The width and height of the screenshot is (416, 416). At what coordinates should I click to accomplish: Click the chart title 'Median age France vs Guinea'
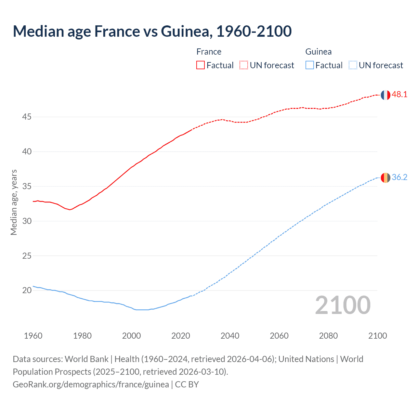pyautogui.click(x=152, y=31)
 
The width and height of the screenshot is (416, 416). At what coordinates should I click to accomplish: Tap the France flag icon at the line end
pyautogui.click(x=385, y=95)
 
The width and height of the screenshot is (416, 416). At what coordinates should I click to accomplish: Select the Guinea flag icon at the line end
pyautogui.click(x=385, y=178)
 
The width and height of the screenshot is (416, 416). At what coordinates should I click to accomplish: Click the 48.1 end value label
pyautogui.click(x=399, y=95)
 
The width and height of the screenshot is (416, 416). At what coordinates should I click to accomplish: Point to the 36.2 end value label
pyautogui.click(x=399, y=177)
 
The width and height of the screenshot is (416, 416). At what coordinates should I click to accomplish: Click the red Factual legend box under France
pyautogui.click(x=201, y=65)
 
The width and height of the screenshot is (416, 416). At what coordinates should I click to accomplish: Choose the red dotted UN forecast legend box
pyautogui.click(x=244, y=65)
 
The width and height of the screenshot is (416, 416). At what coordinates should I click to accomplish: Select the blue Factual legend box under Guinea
pyautogui.click(x=310, y=65)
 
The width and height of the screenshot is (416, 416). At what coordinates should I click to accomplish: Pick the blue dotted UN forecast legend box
pyautogui.click(x=353, y=65)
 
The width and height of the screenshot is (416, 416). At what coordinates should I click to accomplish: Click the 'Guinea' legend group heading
pyautogui.click(x=318, y=52)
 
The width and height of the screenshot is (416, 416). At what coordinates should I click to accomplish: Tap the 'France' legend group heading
pyautogui.click(x=209, y=52)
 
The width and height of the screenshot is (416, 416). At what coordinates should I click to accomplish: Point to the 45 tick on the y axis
pyautogui.click(x=27, y=117)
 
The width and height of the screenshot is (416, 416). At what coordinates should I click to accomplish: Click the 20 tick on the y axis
pyautogui.click(x=27, y=290)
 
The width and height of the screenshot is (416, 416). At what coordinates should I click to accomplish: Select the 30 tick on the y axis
pyautogui.click(x=27, y=221)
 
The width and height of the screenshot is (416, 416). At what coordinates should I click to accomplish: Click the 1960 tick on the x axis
pyautogui.click(x=33, y=336)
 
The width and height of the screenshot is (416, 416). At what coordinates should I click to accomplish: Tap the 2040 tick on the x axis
pyautogui.click(x=230, y=336)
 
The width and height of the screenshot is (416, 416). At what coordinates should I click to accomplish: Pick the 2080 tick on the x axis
pyautogui.click(x=328, y=336)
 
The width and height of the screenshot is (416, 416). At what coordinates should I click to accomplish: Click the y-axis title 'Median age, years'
pyautogui.click(x=14, y=202)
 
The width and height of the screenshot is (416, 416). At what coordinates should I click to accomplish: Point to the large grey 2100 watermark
pyautogui.click(x=343, y=305)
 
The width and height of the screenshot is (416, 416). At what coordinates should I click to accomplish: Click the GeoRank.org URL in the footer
pyautogui.click(x=91, y=384)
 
